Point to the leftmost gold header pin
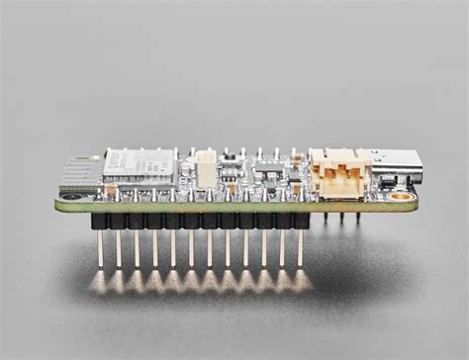point(100,252)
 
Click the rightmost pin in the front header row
point(301,252)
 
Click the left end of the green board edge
point(58,206)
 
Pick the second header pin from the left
point(118,252)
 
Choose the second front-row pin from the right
point(282,252)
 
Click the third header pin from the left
point(136,252)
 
